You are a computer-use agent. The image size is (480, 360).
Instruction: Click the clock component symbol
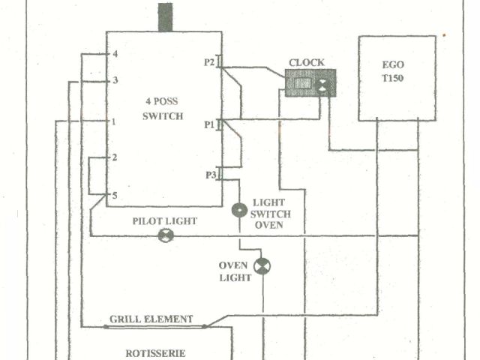coord(310,82)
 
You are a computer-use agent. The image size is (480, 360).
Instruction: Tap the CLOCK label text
coord(307,62)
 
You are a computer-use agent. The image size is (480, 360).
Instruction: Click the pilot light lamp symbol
coord(164,235)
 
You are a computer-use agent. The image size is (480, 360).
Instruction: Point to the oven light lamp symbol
coord(262,266)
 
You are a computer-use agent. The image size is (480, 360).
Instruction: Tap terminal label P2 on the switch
coord(209,61)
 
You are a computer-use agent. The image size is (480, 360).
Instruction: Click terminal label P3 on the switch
coord(210,175)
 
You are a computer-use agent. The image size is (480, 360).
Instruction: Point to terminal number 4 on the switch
coord(115,54)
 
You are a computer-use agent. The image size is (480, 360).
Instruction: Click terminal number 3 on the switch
coord(115,80)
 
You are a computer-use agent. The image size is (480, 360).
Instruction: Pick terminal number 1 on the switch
coord(114,121)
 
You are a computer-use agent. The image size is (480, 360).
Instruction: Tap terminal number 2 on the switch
coord(115,157)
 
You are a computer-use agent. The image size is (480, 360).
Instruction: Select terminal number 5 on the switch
coord(115,195)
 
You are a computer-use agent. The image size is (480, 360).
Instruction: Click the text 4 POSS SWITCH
coord(163,109)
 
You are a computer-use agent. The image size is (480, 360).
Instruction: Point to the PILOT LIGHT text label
coord(164,221)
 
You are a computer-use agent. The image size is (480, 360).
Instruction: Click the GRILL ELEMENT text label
coord(151,319)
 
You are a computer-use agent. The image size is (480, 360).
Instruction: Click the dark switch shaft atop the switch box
coord(165,17)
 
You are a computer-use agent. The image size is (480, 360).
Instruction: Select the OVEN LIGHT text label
coord(235,271)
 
